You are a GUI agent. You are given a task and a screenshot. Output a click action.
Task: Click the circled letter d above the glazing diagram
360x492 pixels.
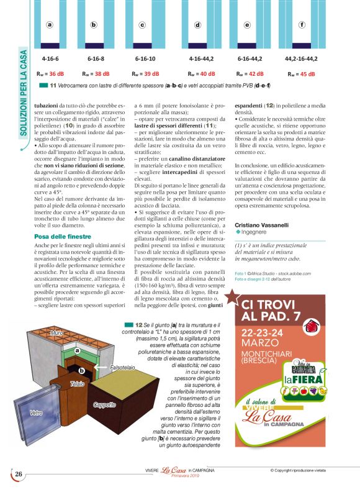[198, 25]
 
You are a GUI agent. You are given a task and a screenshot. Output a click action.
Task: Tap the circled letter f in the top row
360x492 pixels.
[302, 25]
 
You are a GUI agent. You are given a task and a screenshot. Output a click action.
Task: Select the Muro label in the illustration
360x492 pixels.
[56, 334]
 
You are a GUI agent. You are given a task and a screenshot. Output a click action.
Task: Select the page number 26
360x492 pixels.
[19, 474]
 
